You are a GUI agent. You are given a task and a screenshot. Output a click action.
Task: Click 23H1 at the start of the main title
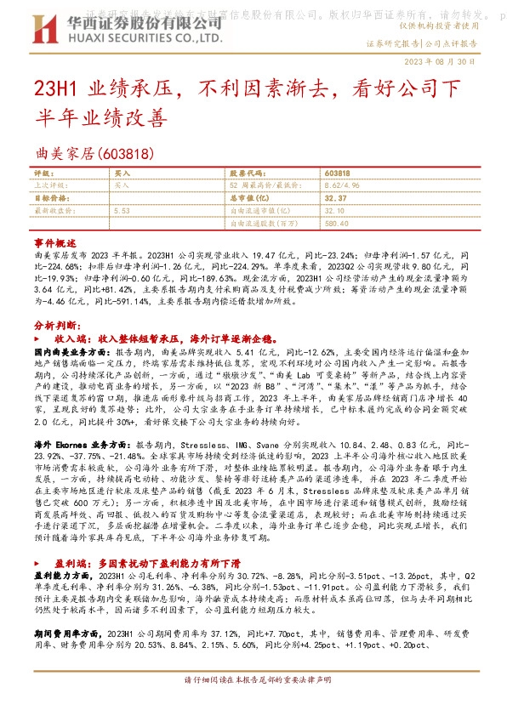click(x=53, y=88)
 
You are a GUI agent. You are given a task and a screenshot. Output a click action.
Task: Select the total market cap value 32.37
click(x=337, y=196)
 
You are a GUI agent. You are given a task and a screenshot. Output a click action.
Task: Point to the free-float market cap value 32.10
click(x=337, y=209)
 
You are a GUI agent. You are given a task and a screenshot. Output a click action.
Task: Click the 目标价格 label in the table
click(x=49, y=196)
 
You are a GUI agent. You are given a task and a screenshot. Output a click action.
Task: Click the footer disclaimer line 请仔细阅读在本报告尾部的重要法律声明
click(x=253, y=704)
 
